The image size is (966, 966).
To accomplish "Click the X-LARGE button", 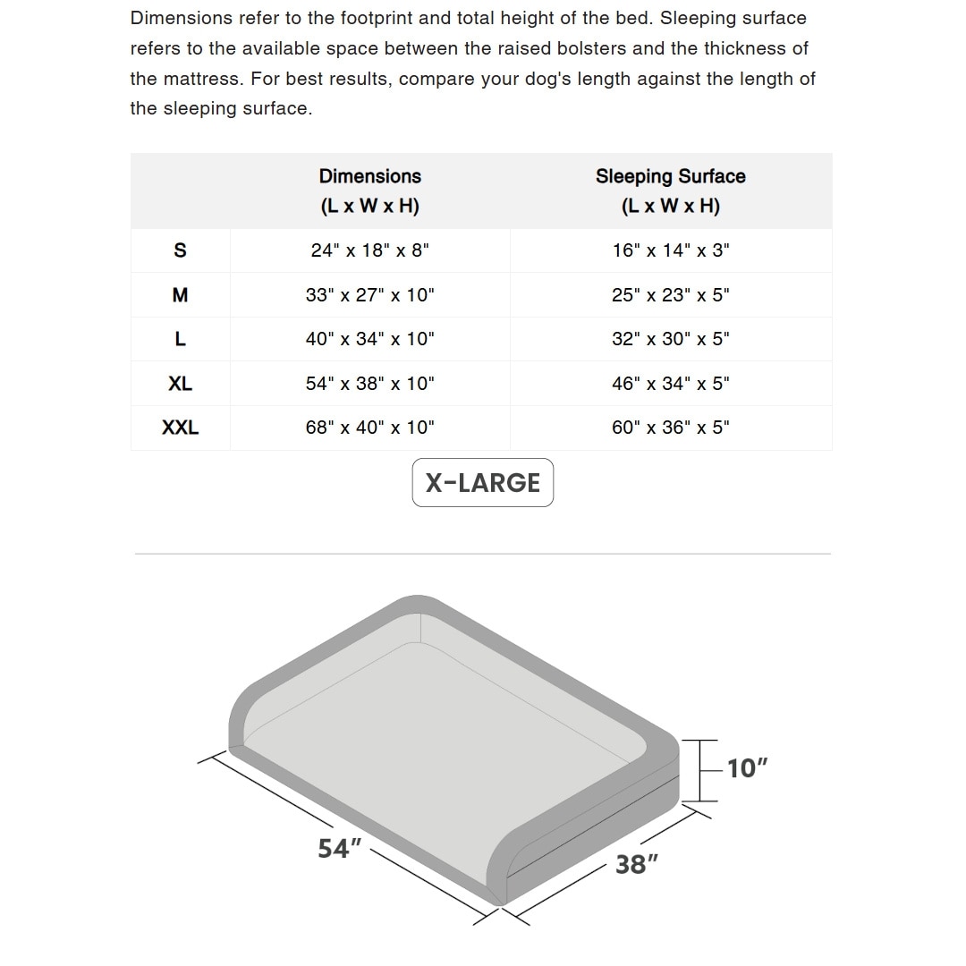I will point(483,483).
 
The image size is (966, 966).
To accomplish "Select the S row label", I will point(180,250).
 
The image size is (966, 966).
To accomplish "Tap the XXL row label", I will point(180,428).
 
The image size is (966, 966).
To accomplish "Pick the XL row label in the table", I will point(180,384).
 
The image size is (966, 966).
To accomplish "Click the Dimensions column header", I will point(369,191).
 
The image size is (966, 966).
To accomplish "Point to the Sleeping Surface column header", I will point(670,191).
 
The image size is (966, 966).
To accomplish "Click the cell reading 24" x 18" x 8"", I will point(369,250).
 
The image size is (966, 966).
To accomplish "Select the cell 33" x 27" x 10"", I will point(369,295).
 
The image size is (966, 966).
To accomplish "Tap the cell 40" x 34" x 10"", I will point(369,339).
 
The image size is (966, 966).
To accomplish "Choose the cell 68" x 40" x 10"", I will point(369,428).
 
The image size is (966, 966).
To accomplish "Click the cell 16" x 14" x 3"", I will point(670,250).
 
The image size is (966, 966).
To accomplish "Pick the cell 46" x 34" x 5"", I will point(670,384).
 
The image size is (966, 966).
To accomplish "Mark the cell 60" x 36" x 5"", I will point(670,428).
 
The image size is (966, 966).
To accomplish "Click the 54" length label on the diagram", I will point(339,848).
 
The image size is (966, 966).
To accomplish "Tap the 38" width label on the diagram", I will point(637,864).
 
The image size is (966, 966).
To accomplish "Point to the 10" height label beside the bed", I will point(747,768).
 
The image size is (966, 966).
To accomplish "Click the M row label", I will point(180,295).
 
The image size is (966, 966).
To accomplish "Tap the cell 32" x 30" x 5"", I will point(670,339).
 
